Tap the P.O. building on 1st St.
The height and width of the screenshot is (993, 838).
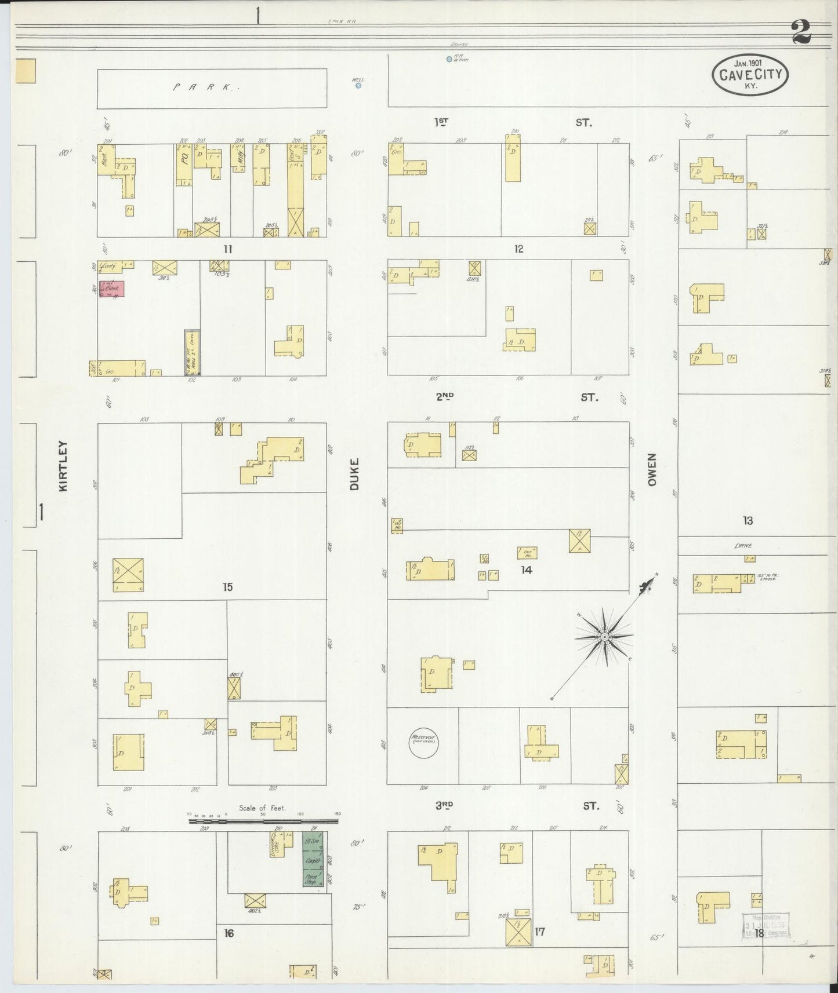tap(184, 165)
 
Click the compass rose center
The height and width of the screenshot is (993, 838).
tap(604, 637)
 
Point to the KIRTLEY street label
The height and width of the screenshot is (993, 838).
tap(63, 466)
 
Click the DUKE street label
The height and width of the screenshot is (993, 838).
tap(354, 474)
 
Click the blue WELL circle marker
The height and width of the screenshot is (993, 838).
tap(358, 85)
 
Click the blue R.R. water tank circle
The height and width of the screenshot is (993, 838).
tap(449, 59)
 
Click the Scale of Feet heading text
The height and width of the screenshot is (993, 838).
tap(262, 808)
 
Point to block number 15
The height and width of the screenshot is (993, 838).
tap(228, 587)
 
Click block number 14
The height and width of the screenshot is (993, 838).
tap(526, 570)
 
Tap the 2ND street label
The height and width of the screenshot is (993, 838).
tap(445, 397)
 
